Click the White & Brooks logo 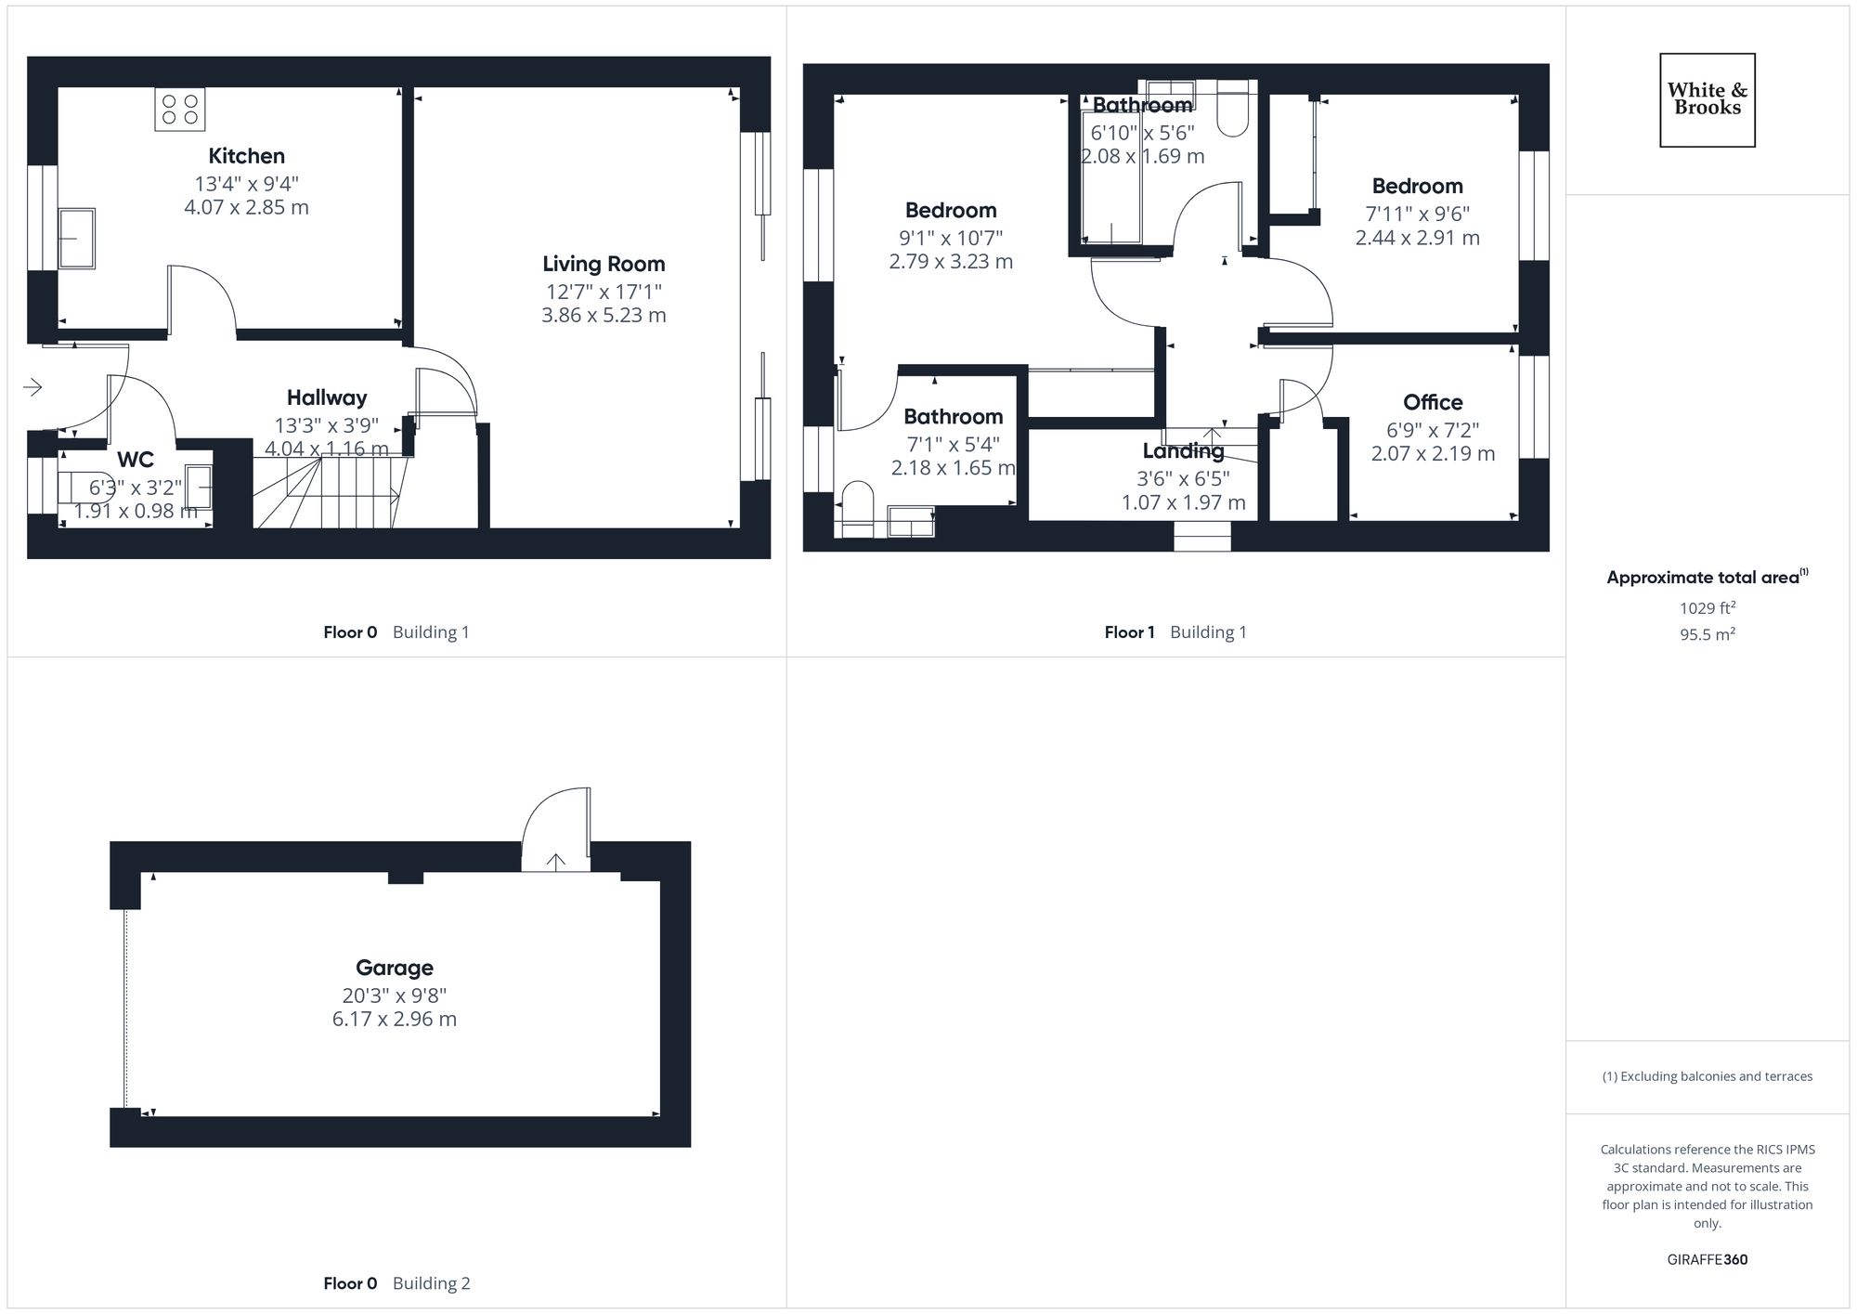pos(1707,99)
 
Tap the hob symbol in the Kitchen pos(180,110)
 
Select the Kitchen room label pos(246,156)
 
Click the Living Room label pos(604,264)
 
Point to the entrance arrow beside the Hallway pos(33,386)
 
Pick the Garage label pos(395,968)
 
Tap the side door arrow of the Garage pos(555,862)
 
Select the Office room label pos(1433,402)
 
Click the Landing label pos(1183,451)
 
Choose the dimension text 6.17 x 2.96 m pos(395,1019)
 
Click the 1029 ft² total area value pos(1707,608)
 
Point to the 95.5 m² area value pos(1707,635)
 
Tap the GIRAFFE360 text pos(1707,1260)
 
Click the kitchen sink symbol pos(77,238)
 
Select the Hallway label pos(327,397)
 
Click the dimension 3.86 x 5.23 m pos(604,315)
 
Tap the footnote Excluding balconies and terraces pos(1707,1076)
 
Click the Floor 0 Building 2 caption pos(396,1283)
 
